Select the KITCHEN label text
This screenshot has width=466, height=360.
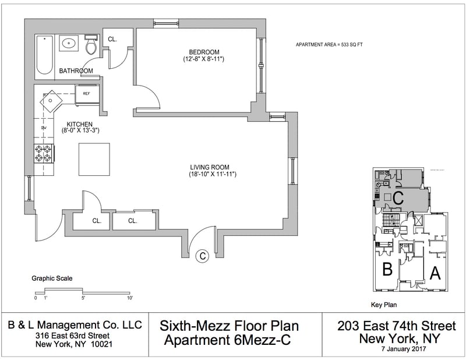pos(80,124)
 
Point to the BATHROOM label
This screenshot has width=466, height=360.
pos(76,71)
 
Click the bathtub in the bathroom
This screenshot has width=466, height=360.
pos(45,56)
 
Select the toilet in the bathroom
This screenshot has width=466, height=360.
pos(91,45)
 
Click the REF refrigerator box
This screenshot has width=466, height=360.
pos(86,94)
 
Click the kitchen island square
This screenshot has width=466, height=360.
pos(94,158)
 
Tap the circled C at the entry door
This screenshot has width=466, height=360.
pos(202,255)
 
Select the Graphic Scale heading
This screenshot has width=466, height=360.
pos(52,278)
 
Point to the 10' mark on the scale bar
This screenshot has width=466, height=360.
pos(129,298)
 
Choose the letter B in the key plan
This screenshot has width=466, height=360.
pos(386,270)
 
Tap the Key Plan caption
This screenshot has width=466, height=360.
pos(384,305)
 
